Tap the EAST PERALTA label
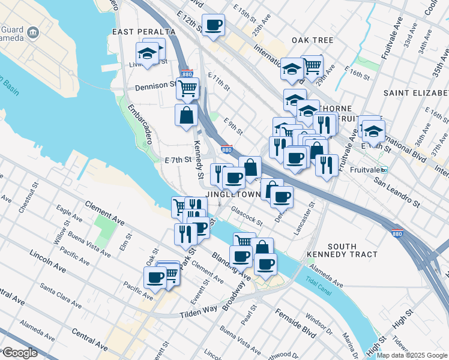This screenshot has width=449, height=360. click(143, 31)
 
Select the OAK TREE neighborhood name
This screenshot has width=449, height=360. click(312, 40)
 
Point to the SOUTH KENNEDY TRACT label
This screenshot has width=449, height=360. click(342, 250)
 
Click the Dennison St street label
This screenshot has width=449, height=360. click(155, 86)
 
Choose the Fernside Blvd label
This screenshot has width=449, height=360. click(296, 323)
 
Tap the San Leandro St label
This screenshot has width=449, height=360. click(397, 191)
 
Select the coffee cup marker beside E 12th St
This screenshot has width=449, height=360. click(213, 25)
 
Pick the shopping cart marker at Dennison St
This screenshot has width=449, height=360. click(187, 88)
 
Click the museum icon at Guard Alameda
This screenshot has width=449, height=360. click(33, 31)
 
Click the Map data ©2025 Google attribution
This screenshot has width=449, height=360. click(412, 355)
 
